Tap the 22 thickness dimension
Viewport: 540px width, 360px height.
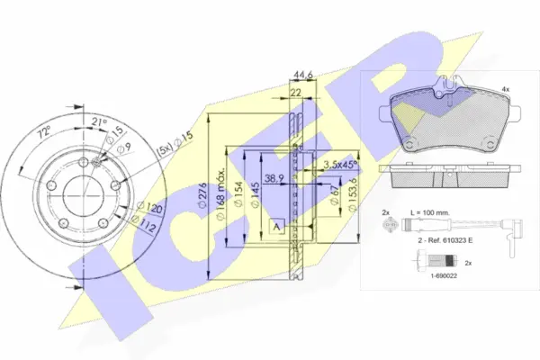pyautogui.click(x=295, y=93)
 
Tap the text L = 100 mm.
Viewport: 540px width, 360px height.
pyautogui.click(x=437, y=212)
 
